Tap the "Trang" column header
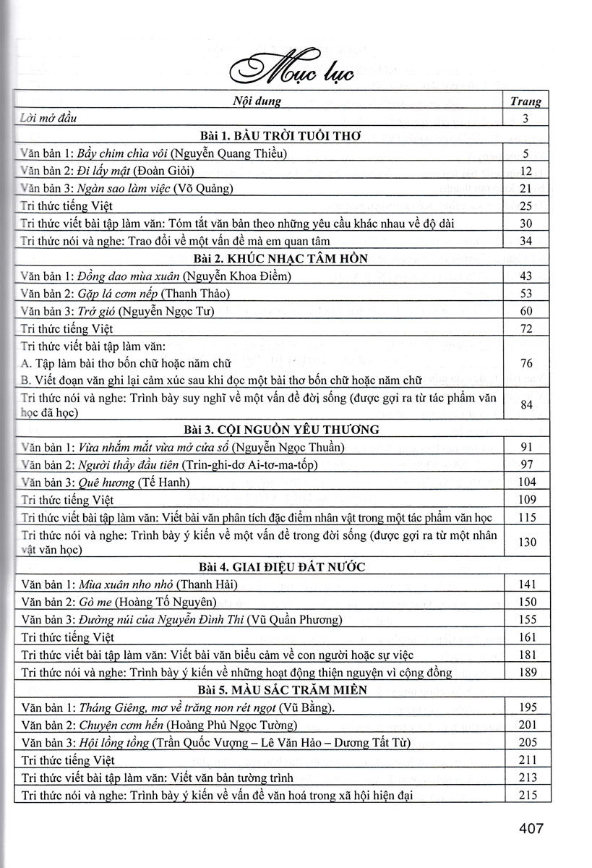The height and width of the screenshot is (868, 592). pos(525,102)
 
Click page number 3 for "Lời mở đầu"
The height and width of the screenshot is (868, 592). pos(526,118)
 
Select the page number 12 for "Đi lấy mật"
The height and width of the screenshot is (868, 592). pos(526,171)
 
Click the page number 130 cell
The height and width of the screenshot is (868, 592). pos(526,542)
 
